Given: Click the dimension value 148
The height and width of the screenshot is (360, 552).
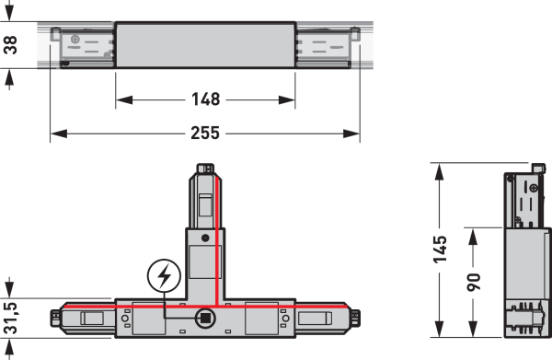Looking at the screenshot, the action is [205, 99].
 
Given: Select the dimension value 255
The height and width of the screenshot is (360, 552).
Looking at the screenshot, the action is [205, 134].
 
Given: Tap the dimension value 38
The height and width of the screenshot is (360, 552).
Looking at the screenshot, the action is [10, 45].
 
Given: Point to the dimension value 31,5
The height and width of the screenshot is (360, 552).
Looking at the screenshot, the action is [10, 318].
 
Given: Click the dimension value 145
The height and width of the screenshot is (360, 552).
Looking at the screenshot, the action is [440, 250].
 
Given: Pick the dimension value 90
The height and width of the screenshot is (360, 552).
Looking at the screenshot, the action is [474, 282].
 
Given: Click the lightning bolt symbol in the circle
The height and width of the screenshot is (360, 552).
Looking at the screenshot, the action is [164, 276].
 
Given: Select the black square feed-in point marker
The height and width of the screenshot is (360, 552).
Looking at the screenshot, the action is [205, 319].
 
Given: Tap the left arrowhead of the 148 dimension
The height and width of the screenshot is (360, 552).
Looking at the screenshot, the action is [124, 100].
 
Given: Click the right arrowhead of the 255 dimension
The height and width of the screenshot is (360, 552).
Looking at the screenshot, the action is [351, 134].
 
